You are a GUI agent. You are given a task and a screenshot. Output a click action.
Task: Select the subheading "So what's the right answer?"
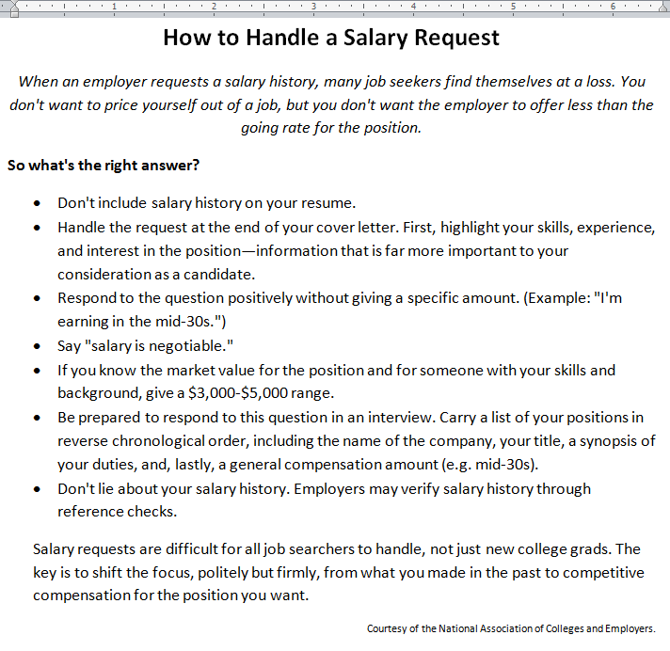[x=104, y=166]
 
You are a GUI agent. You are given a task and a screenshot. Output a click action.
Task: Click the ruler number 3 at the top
[x=312, y=7]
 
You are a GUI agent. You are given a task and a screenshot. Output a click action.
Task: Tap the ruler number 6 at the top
[x=612, y=7]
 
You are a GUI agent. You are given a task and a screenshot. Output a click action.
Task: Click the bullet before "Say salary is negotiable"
[x=36, y=346]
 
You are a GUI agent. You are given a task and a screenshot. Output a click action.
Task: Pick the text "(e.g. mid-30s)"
[x=489, y=465]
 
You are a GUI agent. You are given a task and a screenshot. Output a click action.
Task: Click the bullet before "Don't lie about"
[x=36, y=489]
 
